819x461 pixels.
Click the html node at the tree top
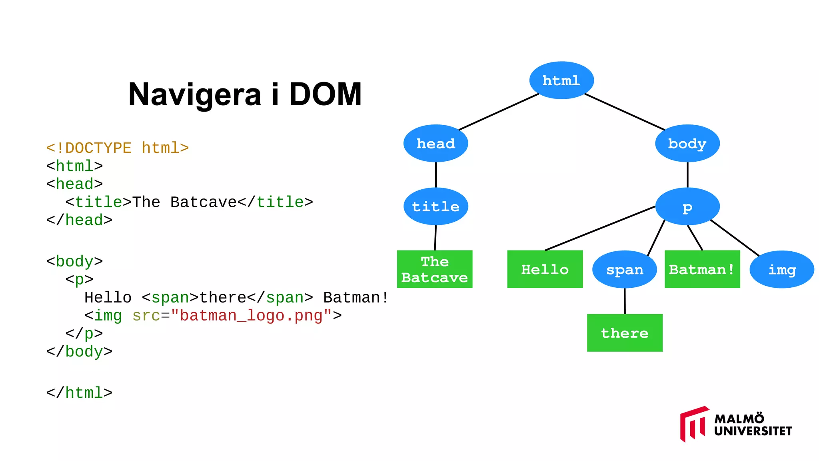coord(561,80)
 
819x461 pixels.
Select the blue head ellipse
coord(435,143)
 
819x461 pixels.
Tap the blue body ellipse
coord(687,143)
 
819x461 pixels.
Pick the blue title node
coord(435,206)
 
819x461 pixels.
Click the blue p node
coord(687,206)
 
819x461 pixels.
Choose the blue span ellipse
coord(624,269)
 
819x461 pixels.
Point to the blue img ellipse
coord(781,269)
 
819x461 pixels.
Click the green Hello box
coord(545,269)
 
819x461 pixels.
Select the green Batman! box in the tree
coord(702,269)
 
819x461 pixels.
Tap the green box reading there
coord(624,333)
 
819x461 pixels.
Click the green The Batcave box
coord(434,269)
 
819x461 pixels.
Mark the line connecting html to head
coord(498,112)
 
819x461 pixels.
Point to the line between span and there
coord(625,301)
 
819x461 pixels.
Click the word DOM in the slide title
coord(325,94)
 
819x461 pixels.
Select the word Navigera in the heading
coord(195,94)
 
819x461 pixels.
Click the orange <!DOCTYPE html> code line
coord(117,148)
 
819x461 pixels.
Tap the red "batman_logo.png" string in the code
coord(251,316)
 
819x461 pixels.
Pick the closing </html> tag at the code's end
coord(79,393)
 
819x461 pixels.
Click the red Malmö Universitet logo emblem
coord(693,424)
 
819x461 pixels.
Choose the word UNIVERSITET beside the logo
coord(753,431)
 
